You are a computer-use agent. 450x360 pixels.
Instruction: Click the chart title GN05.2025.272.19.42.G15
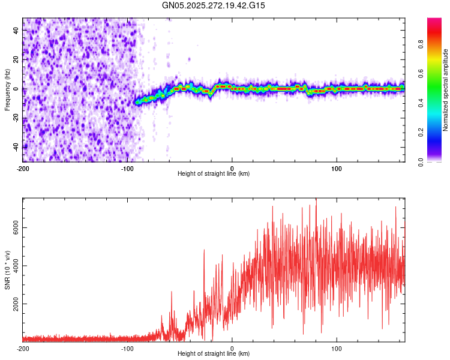214,5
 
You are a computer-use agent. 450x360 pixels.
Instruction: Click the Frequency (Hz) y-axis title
7,90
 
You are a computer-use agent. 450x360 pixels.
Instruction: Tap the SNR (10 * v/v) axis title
7,270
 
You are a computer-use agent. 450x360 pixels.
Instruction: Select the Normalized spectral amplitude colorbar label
446,90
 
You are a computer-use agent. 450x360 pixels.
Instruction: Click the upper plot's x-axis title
214,173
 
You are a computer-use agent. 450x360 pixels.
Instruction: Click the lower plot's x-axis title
214,353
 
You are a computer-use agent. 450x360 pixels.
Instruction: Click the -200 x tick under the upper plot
23,168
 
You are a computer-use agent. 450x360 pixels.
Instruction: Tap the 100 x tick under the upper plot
337,168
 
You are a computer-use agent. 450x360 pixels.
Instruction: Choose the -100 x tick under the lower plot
127,348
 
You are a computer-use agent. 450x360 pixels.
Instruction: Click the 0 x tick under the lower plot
232,348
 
